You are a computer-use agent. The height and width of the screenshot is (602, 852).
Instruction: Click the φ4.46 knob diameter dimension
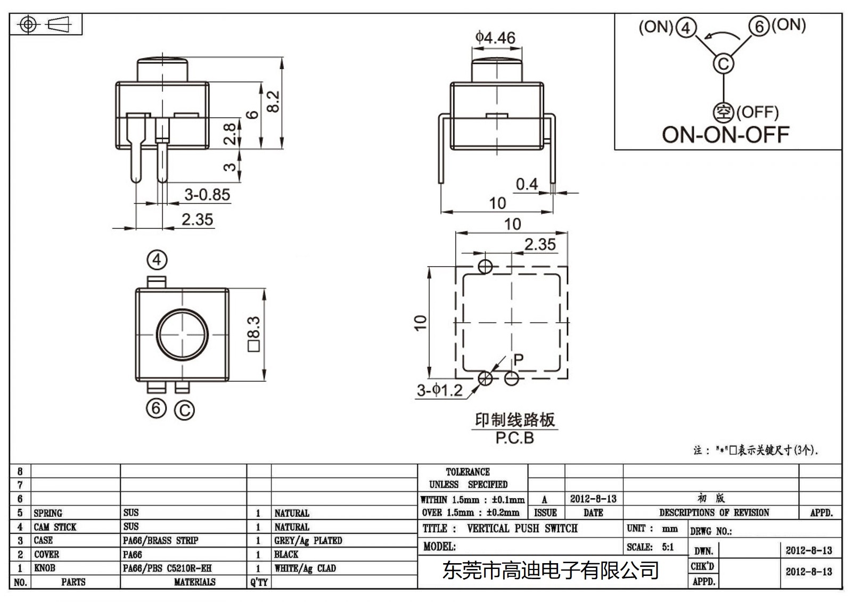click(x=495, y=38)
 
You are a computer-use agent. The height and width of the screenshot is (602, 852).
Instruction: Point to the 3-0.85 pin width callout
click(x=207, y=195)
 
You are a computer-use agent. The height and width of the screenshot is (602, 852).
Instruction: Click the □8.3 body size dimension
click(x=253, y=335)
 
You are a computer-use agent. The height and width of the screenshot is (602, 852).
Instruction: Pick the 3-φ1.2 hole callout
click(x=439, y=390)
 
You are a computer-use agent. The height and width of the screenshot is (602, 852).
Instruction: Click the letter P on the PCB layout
click(x=518, y=359)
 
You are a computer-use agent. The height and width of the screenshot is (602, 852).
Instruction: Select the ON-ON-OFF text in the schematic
click(x=725, y=135)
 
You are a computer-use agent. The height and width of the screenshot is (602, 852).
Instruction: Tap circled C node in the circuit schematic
click(x=723, y=64)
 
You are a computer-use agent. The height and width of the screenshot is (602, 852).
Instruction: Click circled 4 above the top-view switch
click(x=157, y=260)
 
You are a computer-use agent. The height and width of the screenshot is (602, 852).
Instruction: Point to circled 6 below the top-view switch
click(x=156, y=408)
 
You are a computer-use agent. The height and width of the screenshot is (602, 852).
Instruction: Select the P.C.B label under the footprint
click(x=514, y=438)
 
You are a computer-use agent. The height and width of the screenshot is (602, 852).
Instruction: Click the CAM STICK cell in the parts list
click(x=55, y=527)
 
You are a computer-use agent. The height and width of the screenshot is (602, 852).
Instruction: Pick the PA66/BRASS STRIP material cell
click(x=160, y=541)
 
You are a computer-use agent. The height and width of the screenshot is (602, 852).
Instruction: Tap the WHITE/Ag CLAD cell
click(x=305, y=568)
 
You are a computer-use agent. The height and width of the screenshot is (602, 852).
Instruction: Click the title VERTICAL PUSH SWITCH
click(x=522, y=529)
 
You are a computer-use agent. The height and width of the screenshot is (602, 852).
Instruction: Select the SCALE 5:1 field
click(x=650, y=547)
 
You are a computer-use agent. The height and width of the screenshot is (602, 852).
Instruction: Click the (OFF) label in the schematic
click(x=757, y=112)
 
